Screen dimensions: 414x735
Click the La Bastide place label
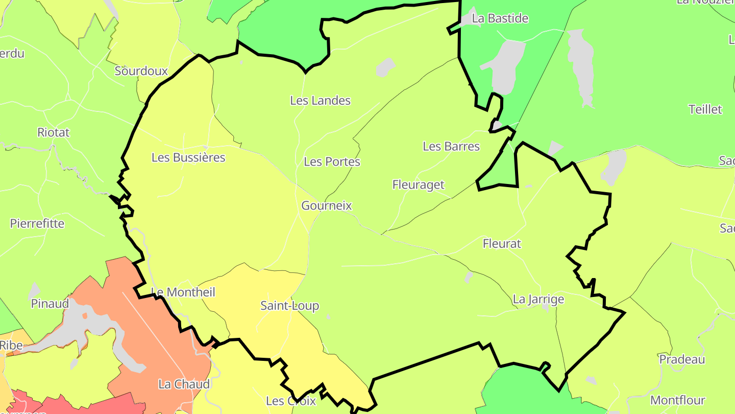click(500, 18)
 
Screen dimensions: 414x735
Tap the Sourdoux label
click(141, 71)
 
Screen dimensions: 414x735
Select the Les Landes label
click(320, 101)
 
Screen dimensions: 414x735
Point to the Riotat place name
click(54, 132)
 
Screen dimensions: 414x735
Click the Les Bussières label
click(188, 157)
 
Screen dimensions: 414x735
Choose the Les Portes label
click(332, 162)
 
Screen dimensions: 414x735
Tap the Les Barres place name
click(451, 147)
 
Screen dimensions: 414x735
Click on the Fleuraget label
click(419, 185)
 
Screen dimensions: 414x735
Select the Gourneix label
click(327, 206)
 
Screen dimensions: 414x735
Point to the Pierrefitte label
click(37, 224)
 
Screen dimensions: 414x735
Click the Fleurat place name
click(502, 244)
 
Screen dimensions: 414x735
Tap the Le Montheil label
click(183, 292)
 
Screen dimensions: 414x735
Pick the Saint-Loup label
click(289, 306)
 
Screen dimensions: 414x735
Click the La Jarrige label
click(538, 300)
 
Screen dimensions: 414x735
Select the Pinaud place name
click(50, 304)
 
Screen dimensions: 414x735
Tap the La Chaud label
click(184, 384)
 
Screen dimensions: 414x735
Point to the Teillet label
click(705, 109)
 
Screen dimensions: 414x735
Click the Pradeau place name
click(682, 359)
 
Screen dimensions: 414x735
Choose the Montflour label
click(678, 401)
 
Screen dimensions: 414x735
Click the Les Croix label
click(291, 401)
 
